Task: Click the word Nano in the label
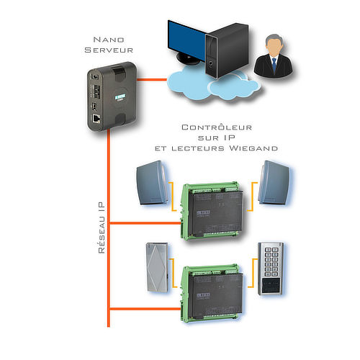point(109,40)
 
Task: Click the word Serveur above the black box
point(109,50)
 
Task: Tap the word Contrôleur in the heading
point(217,127)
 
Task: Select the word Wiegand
point(253,148)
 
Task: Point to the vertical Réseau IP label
point(102,228)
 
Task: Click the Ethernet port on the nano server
point(96,119)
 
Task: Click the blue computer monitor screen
point(186,41)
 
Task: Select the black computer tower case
point(227,50)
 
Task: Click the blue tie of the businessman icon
point(274,64)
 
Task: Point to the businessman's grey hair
point(274,39)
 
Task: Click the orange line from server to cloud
point(152,79)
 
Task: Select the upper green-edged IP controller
point(212,210)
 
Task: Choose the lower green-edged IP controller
point(212,293)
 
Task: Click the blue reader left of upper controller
point(152,183)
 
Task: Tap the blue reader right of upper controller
point(274,183)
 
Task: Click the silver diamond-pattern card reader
point(157,267)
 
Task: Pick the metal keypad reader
point(271,269)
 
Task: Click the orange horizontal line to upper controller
point(145,223)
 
